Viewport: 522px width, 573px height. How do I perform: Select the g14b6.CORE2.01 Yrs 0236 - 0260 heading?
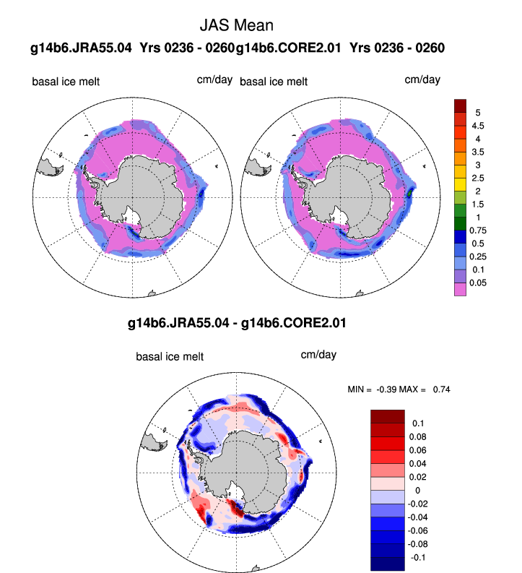click(340, 48)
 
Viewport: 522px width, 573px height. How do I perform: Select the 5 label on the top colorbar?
click(478, 113)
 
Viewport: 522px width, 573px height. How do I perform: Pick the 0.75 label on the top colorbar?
click(482, 231)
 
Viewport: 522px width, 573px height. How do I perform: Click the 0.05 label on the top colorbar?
click(482, 283)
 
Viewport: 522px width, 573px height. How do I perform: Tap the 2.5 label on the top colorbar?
click(479, 178)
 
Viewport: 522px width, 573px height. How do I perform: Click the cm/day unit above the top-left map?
click(214, 79)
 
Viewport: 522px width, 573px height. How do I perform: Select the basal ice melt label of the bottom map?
click(170, 356)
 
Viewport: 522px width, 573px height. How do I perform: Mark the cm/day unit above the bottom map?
click(318, 355)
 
